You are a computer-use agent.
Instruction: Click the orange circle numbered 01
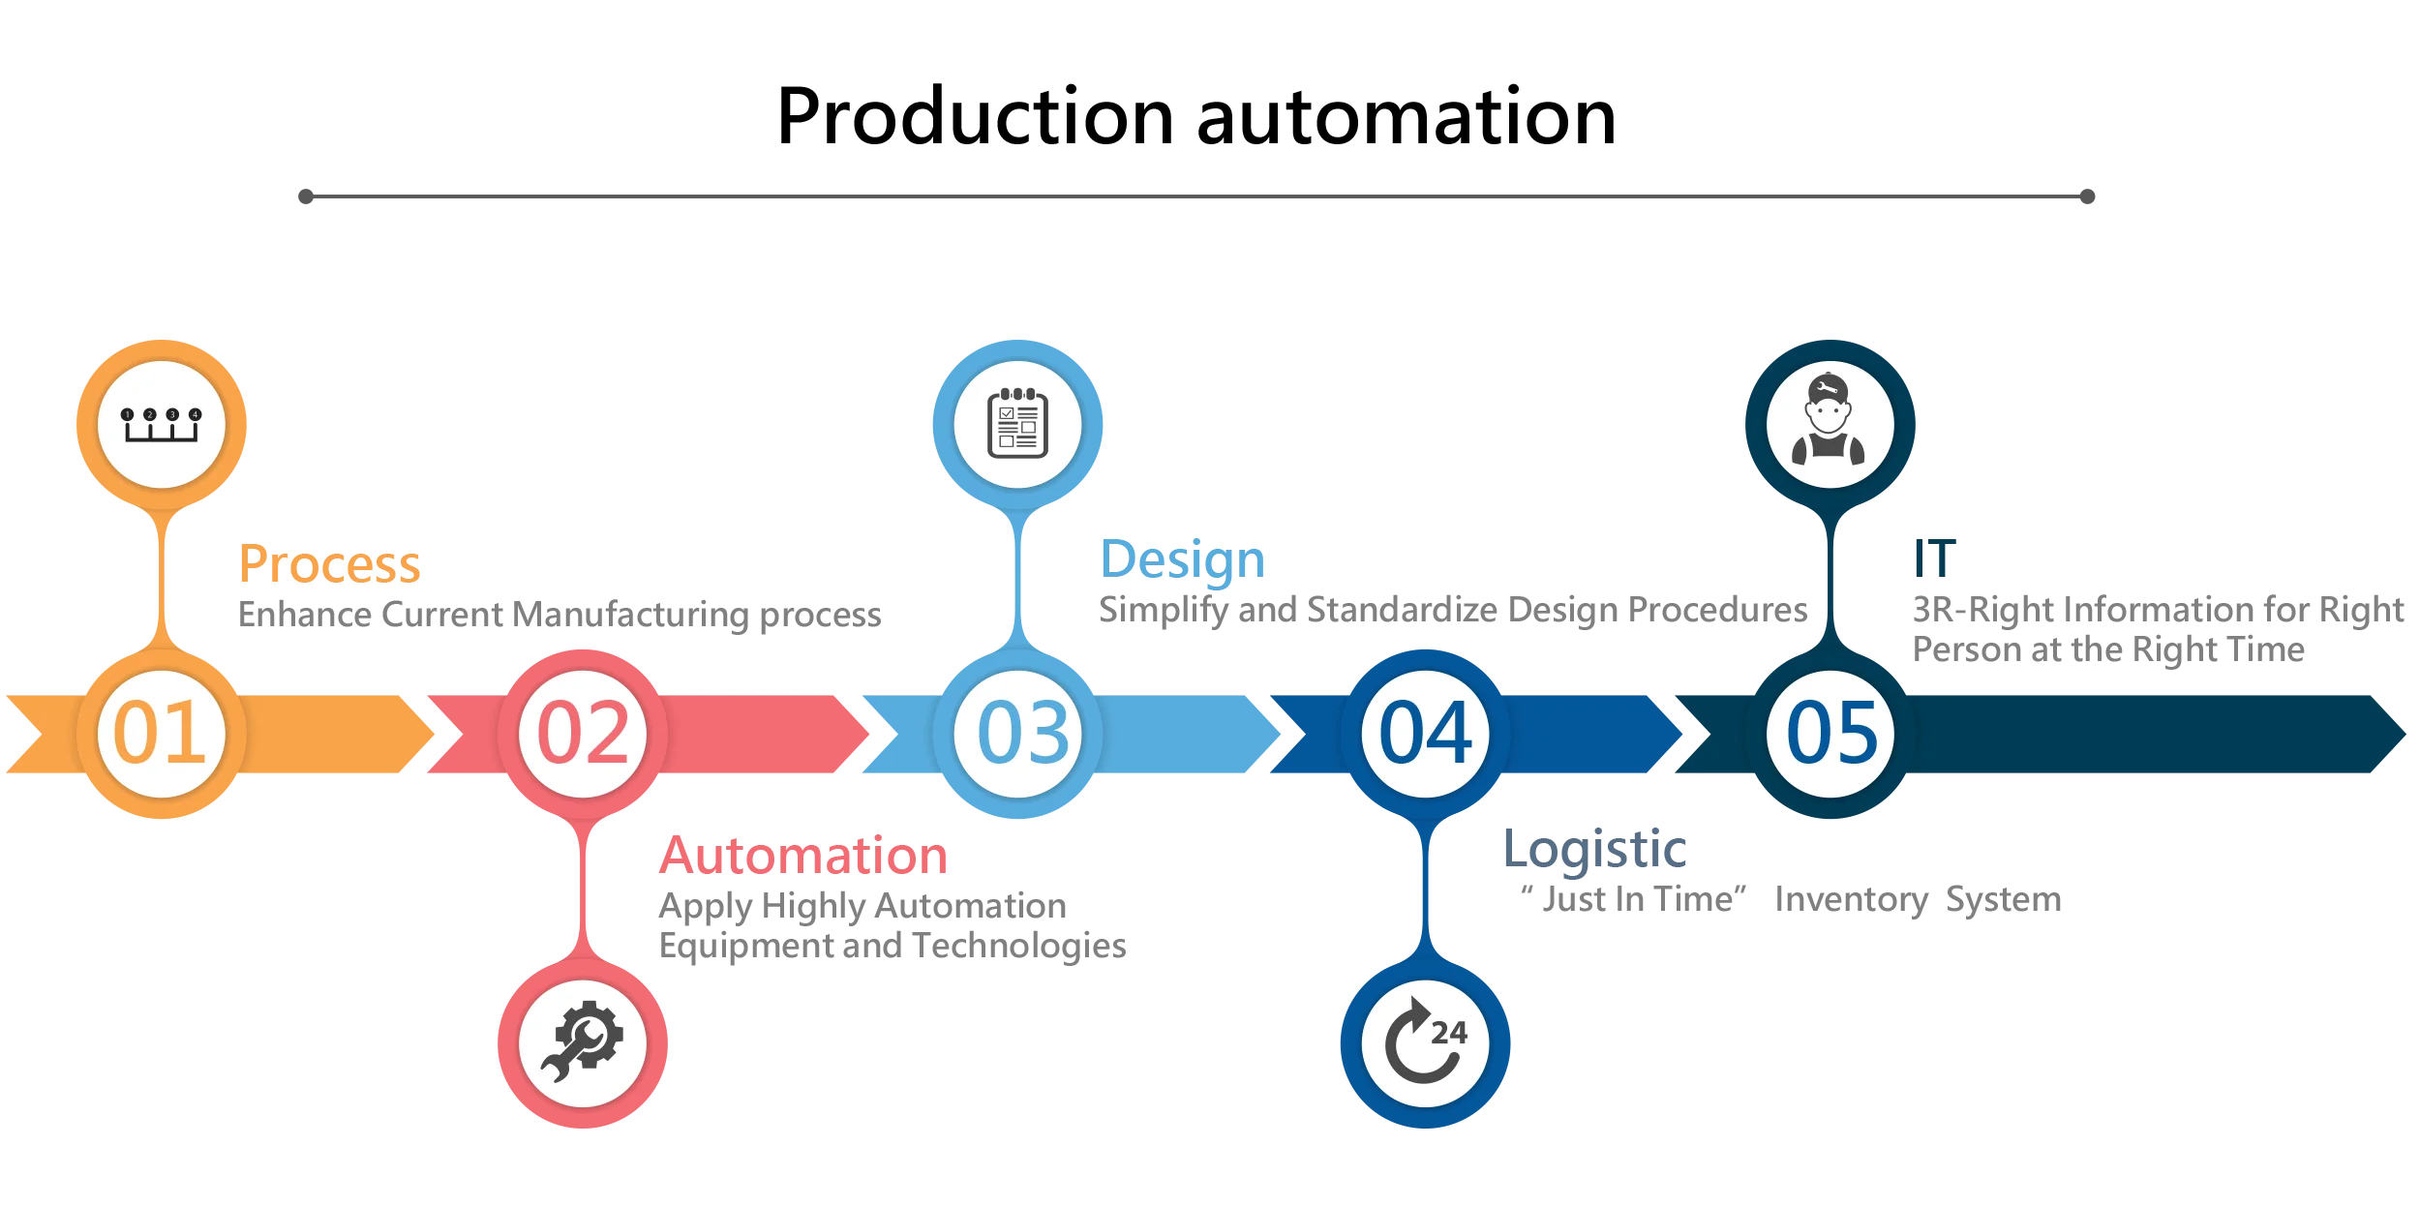(161, 733)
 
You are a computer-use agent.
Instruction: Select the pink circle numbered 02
(583, 733)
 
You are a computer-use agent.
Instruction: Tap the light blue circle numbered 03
(1018, 733)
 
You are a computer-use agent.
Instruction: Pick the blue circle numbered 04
(1425, 733)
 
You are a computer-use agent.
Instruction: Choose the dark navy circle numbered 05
(1830, 733)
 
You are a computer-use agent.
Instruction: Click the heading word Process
(330, 565)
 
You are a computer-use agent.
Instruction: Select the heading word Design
(1184, 560)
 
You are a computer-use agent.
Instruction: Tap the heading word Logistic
(1594, 850)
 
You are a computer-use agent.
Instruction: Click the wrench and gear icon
(583, 1042)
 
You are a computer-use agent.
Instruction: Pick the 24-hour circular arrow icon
(1425, 1042)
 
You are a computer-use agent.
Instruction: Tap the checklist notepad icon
(1017, 423)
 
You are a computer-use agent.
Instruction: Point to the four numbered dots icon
(161, 424)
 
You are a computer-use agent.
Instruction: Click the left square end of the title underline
(306, 197)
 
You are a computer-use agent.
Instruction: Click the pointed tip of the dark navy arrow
(2404, 733)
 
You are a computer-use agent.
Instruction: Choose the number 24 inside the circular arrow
(1448, 1033)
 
